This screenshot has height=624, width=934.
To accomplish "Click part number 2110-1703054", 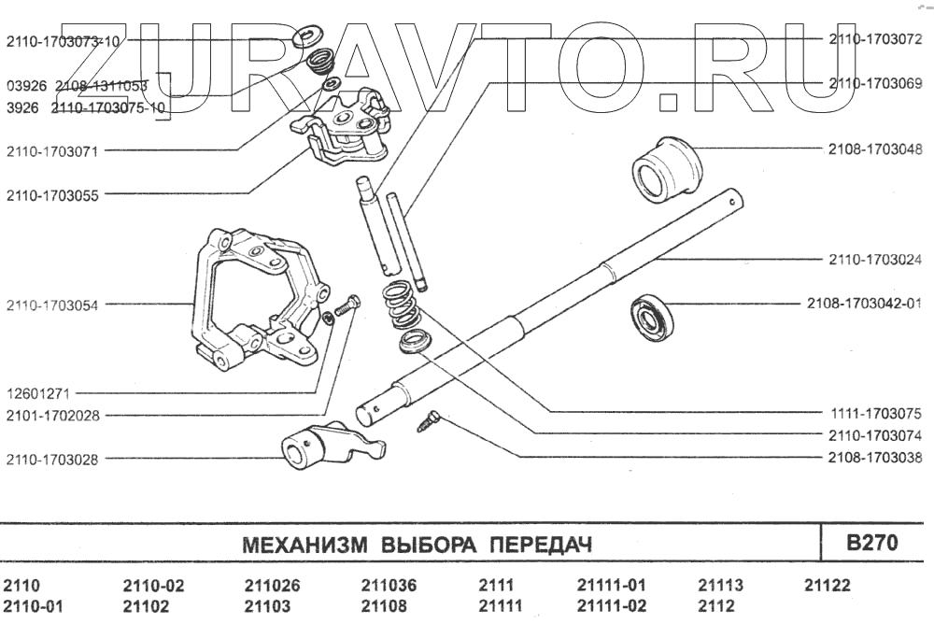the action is point(52,305).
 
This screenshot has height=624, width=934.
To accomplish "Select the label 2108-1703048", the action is point(875,149).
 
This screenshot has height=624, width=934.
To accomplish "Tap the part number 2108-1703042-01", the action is point(864,304).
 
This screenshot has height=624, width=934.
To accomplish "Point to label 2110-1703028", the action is point(52,460).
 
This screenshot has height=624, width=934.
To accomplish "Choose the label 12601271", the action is point(38,394).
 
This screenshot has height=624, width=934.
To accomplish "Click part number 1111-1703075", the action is point(876,414).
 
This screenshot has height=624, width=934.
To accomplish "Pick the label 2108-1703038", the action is point(875,458).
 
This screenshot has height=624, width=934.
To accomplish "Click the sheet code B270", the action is point(872,543).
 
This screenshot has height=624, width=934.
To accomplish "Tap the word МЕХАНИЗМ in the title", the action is point(304,545).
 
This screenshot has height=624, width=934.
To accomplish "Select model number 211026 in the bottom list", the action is point(272,586).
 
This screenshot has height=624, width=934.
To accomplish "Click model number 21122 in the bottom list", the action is point(828,586).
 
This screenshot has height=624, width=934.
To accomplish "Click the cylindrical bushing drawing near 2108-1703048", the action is point(666,170).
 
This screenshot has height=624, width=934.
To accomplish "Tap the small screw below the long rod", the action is point(428,420).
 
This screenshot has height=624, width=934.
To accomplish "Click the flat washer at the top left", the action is point(306,38).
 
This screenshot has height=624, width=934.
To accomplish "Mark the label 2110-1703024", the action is point(875,260).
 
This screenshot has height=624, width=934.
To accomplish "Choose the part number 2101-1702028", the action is point(52,416).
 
